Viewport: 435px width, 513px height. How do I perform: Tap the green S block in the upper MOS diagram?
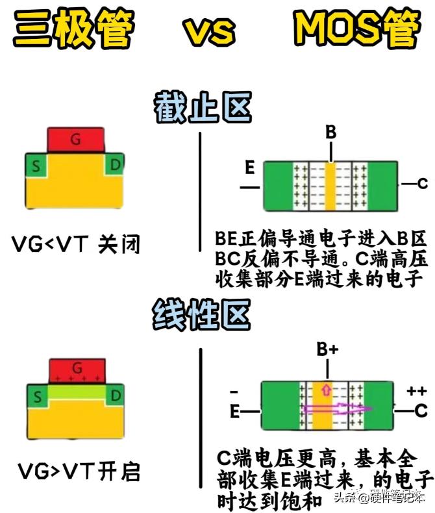pyautogui.click(x=36, y=167)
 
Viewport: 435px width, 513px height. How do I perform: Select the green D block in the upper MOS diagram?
pyautogui.click(x=114, y=166)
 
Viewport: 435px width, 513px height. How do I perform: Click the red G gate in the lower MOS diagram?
pyautogui.click(x=77, y=370)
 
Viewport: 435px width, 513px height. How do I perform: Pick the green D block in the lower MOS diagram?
pyautogui.click(x=115, y=395)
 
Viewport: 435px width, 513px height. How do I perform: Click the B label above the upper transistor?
pyautogui.click(x=330, y=132)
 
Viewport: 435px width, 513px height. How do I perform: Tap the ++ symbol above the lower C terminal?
pyautogui.click(x=416, y=392)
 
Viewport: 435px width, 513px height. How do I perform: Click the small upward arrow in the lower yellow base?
pyautogui.click(x=326, y=391)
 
